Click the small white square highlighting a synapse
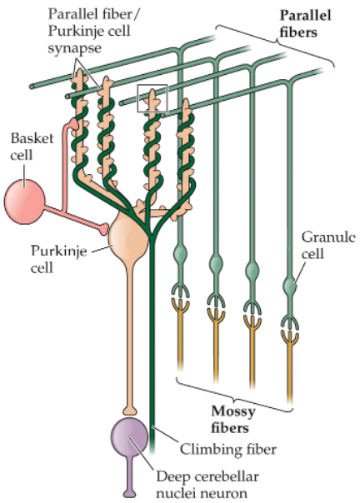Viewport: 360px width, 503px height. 153,99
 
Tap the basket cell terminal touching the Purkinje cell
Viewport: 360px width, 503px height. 104,227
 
